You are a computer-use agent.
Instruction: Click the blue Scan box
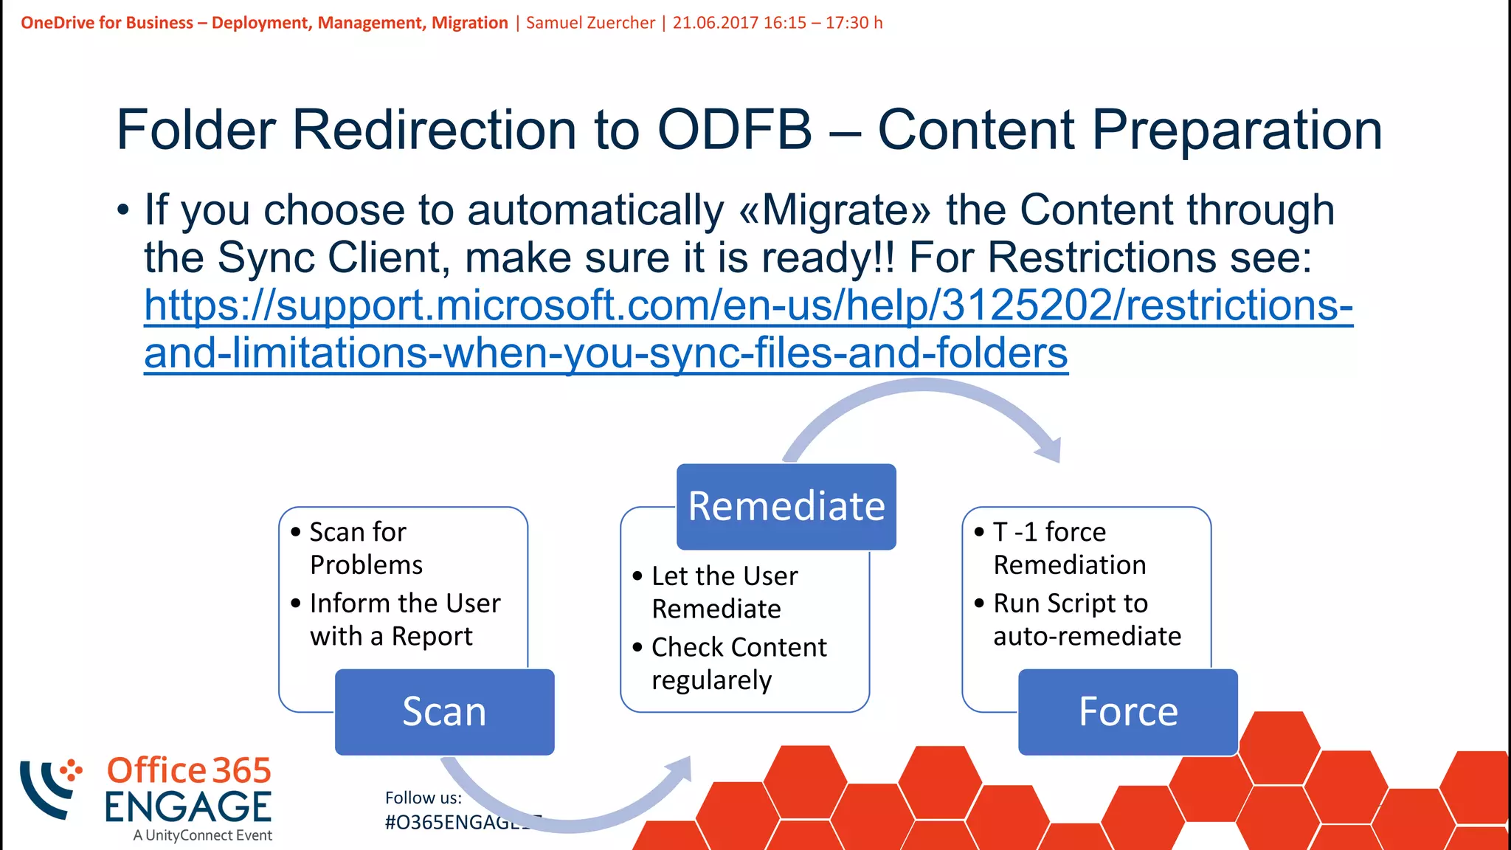click(444, 711)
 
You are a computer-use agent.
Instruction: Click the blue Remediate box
click(786, 506)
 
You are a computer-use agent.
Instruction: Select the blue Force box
click(1127, 711)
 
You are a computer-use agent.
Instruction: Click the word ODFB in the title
click(734, 130)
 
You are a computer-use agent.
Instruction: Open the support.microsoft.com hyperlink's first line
click(747, 305)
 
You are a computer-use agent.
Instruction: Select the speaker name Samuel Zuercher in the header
click(590, 23)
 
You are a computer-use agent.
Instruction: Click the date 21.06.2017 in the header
click(715, 23)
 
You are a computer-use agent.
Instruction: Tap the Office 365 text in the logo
click(189, 770)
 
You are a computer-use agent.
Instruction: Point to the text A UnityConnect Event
click(202, 835)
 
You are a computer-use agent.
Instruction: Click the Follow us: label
click(423, 798)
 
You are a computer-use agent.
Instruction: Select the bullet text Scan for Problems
click(365, 548)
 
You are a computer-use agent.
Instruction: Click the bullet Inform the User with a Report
click(404, 620)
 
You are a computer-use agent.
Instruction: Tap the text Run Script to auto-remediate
click(1086, 620)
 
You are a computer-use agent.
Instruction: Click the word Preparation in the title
click(1237, 130)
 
